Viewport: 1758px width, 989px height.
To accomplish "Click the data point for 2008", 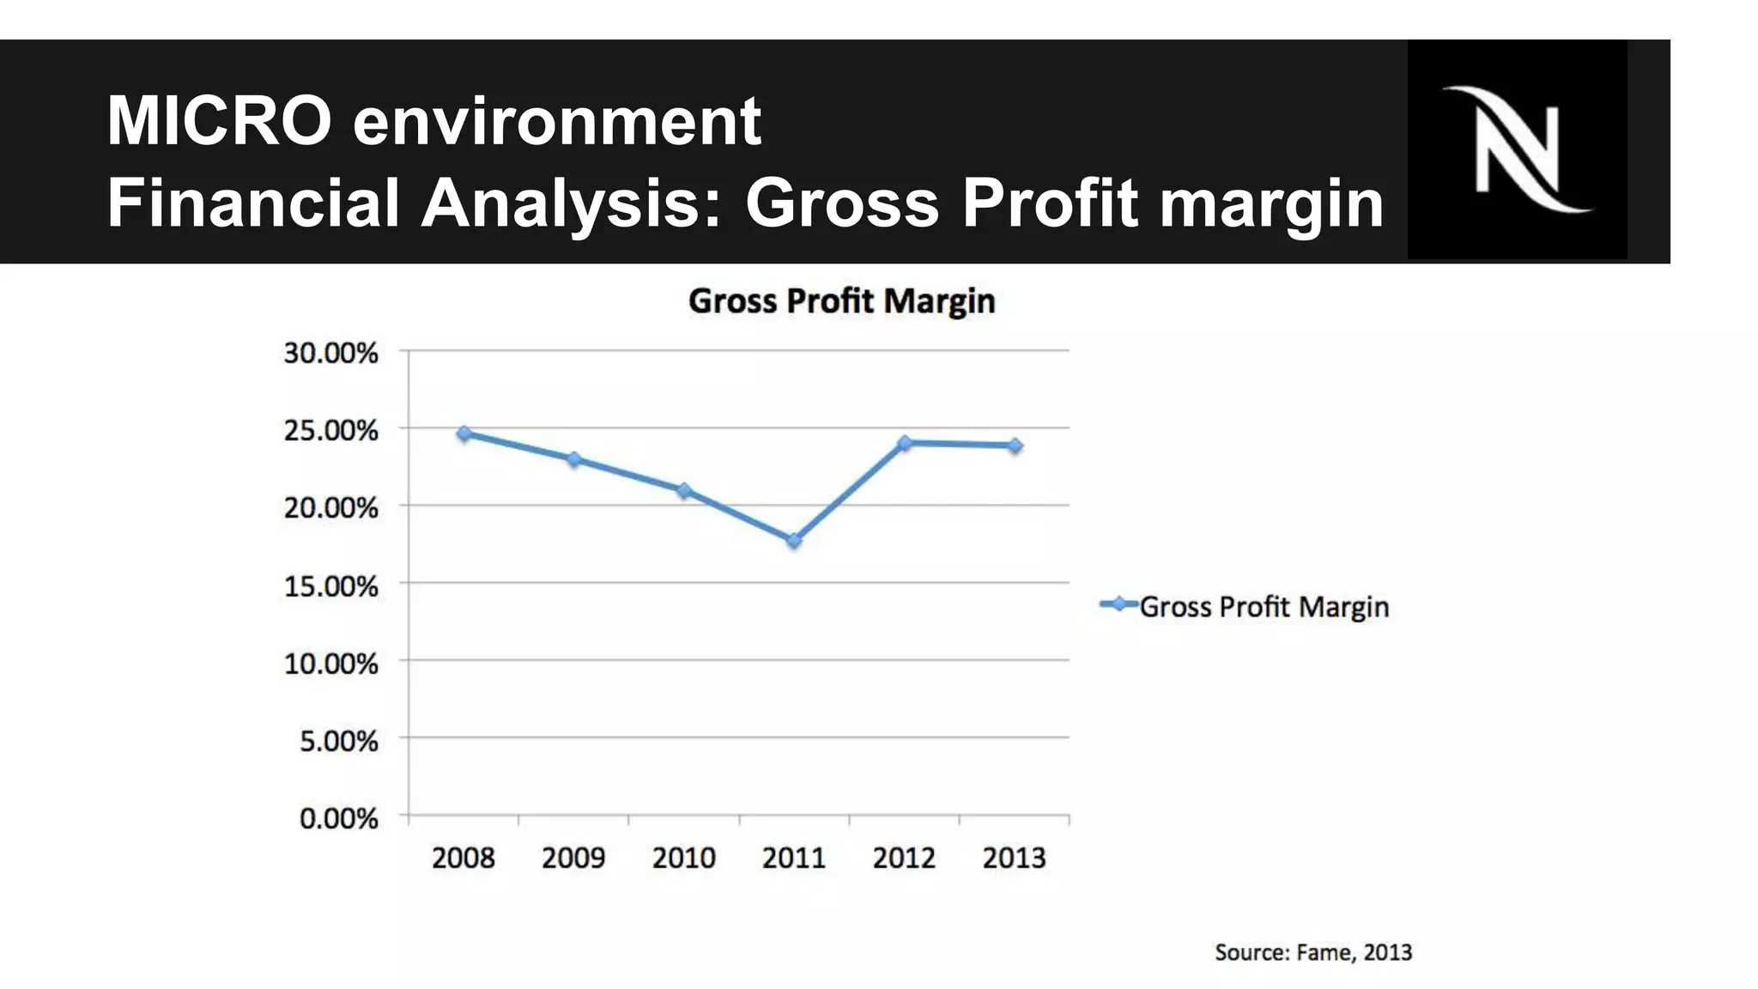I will tap(464, 434).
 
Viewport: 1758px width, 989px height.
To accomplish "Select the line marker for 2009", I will tap(574, 459).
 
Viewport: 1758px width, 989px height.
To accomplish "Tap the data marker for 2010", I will tap(684, 490).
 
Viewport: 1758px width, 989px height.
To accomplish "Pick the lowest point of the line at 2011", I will tap(794, 540).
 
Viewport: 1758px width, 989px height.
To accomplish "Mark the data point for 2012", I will tap(904, 443).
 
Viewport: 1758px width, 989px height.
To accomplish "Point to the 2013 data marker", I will tap(1015, 446).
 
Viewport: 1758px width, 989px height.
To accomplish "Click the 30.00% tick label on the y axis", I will tap(330, 353).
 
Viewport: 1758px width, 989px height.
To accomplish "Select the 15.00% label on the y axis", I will tap(330, 586).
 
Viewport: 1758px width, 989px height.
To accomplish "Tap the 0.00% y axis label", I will tap(338, 818).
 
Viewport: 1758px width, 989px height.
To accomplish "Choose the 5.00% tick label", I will tap(338, 741).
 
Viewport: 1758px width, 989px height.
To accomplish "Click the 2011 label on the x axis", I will tap(794, 858).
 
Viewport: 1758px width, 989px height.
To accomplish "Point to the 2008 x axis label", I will tap(464, 858).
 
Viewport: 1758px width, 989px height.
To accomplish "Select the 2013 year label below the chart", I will tap(1014, 858).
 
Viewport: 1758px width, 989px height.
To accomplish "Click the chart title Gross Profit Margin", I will tap(841, 301).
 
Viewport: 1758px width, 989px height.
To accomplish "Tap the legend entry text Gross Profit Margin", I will tap(1264, 607).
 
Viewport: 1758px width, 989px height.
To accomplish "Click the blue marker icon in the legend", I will tap(1118, 604).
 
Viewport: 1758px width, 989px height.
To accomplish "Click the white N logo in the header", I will tap(1517, 149).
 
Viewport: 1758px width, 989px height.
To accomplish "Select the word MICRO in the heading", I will tap(219, 121).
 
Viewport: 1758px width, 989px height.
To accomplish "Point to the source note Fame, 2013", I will tap(1313, 952).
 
